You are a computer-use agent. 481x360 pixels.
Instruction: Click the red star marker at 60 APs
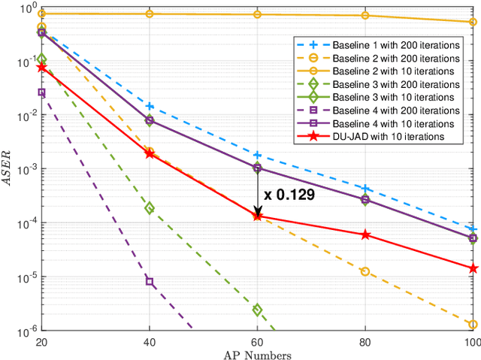(258, 216)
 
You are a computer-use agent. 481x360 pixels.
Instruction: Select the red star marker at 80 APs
(365, 234)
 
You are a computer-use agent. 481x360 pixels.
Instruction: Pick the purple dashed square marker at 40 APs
(150, 282)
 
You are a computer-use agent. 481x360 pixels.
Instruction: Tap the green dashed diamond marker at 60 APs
(258, 310)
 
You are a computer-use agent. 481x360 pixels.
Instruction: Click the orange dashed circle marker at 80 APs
(365, 271)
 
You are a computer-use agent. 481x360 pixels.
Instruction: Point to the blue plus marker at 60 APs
(258, 155)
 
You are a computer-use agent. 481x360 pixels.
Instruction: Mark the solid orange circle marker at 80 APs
(365, 16)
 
